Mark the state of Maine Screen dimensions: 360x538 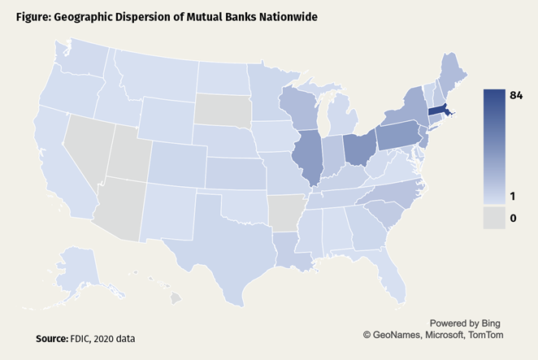click(450, 68)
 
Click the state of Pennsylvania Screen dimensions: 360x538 click(399, 136)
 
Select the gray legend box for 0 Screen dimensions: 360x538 click(495, 217)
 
